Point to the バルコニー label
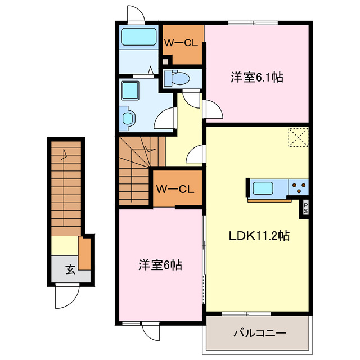(x=260, y=333)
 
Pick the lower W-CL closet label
(x=175, y=190)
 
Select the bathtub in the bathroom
(x=138, y=38)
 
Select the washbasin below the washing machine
(x=128, y=118)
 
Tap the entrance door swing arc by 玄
(x=66, y=298)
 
